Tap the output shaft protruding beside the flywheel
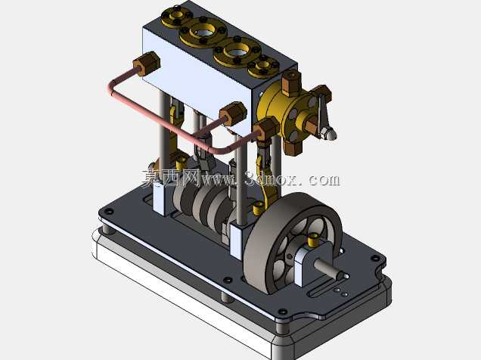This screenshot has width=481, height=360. coord(330,268)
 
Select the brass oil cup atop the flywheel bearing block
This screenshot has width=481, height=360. coord(313,240)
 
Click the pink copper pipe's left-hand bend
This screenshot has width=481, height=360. coord(112,88)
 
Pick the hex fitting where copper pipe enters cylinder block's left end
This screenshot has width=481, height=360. coord(147,64)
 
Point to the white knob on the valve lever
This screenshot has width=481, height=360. coord(330,133)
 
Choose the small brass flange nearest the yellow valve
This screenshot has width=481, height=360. coord(263,67)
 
